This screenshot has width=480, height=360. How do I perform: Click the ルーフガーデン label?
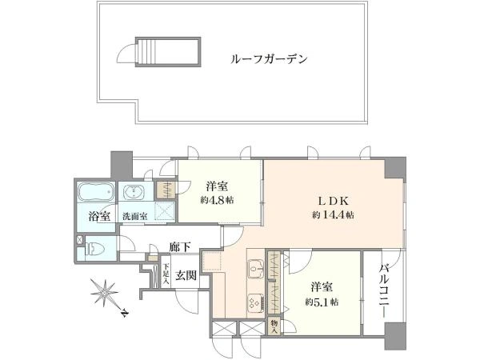tap(269, 58)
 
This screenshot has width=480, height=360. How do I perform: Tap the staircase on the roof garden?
tap(168, 52)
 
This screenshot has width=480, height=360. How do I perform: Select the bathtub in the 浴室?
tap(96, 192)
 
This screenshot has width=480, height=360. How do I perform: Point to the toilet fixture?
tap(95, 249)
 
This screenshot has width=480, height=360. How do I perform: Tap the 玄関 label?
tap(186, 275)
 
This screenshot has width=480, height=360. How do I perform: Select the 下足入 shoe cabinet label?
tap(166, 273)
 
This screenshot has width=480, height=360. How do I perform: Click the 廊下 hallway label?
tap(181, 246)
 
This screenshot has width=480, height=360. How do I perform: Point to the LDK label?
tap(334, 201)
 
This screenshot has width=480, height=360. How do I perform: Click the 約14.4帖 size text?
tap(334, 215)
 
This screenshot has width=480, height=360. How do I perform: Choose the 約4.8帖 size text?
tap(217, 201)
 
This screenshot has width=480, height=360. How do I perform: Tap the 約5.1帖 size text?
tap(322, 302)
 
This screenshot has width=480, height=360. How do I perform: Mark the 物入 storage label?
tap(274, 326)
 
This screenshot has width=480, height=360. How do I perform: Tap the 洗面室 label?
tap(135, 217)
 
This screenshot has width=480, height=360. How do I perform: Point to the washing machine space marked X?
tap(165, 211)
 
